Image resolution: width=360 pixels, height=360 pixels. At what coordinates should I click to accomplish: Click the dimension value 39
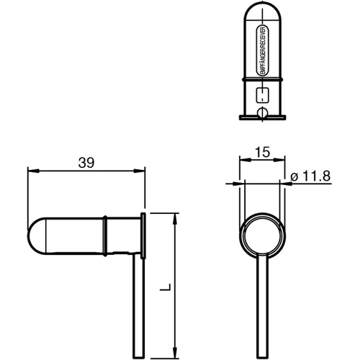(86, 163)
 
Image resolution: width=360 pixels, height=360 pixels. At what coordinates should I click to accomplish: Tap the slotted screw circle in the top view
(262, 112)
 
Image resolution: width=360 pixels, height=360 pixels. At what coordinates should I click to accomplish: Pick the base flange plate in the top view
(262, 117)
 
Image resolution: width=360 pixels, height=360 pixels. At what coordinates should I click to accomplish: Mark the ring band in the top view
(262, 76)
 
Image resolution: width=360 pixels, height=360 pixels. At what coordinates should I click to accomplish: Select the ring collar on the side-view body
(107, 235)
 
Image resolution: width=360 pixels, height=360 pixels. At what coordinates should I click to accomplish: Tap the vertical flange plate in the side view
(144, 235)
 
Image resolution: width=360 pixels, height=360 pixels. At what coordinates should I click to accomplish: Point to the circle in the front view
(262, 235)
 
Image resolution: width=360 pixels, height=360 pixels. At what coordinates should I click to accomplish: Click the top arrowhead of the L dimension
(174, 218)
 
